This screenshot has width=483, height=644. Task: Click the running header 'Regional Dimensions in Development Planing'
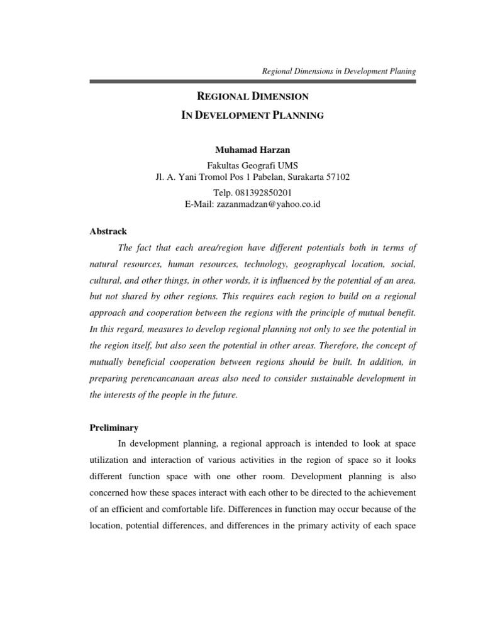(x=339, y=72)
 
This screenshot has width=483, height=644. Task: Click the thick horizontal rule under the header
(x=253, y=81)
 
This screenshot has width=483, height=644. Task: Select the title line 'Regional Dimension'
(x=253, y=97)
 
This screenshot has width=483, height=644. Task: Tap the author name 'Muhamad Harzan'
(x=253, y=150)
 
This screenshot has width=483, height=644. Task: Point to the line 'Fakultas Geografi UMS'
(x=253, y=165)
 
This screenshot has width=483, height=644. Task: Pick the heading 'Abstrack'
(x=108, y=231)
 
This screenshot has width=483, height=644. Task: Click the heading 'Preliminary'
(x=114, y=428)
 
